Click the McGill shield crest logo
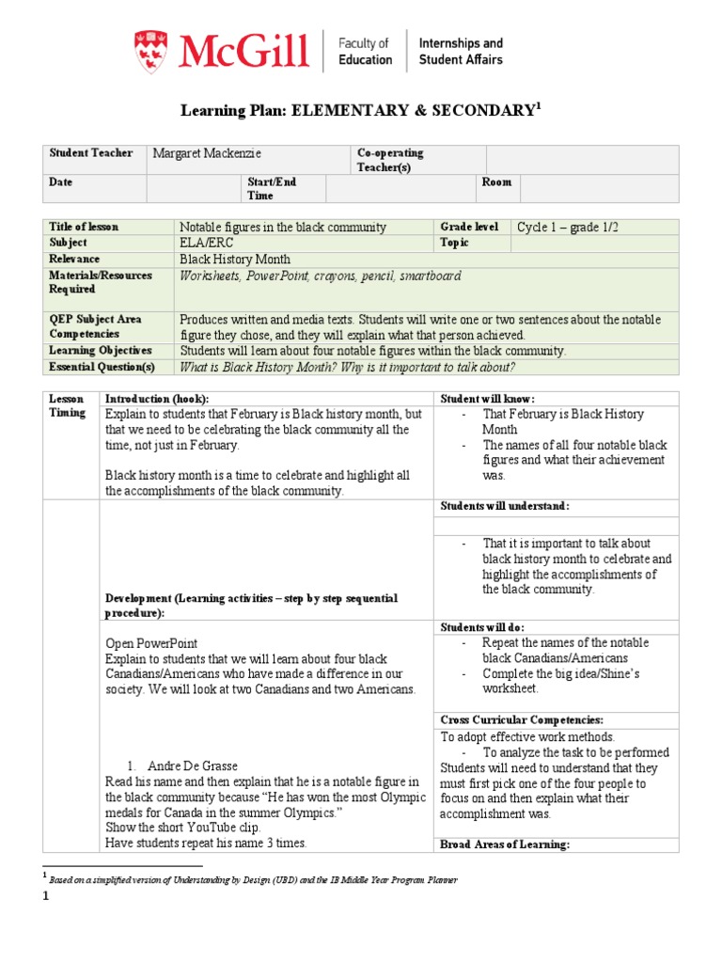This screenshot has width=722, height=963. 151,50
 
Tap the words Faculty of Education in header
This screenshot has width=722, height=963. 365,51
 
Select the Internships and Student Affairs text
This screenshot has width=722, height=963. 460,51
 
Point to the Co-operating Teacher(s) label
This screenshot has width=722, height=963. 390,160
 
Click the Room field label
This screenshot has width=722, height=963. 496,182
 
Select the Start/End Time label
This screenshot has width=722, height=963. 272,188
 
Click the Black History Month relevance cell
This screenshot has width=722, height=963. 235,259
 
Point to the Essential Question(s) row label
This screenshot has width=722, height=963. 102,367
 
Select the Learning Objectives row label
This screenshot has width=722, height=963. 100,351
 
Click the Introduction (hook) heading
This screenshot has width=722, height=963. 157,399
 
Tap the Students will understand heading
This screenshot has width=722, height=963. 505,506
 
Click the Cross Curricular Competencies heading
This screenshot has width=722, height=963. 522,719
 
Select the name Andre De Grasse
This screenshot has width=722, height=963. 192,766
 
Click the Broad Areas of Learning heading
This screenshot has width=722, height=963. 505,845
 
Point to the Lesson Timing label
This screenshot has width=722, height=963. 67,405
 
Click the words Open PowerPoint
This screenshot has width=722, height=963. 151,643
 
